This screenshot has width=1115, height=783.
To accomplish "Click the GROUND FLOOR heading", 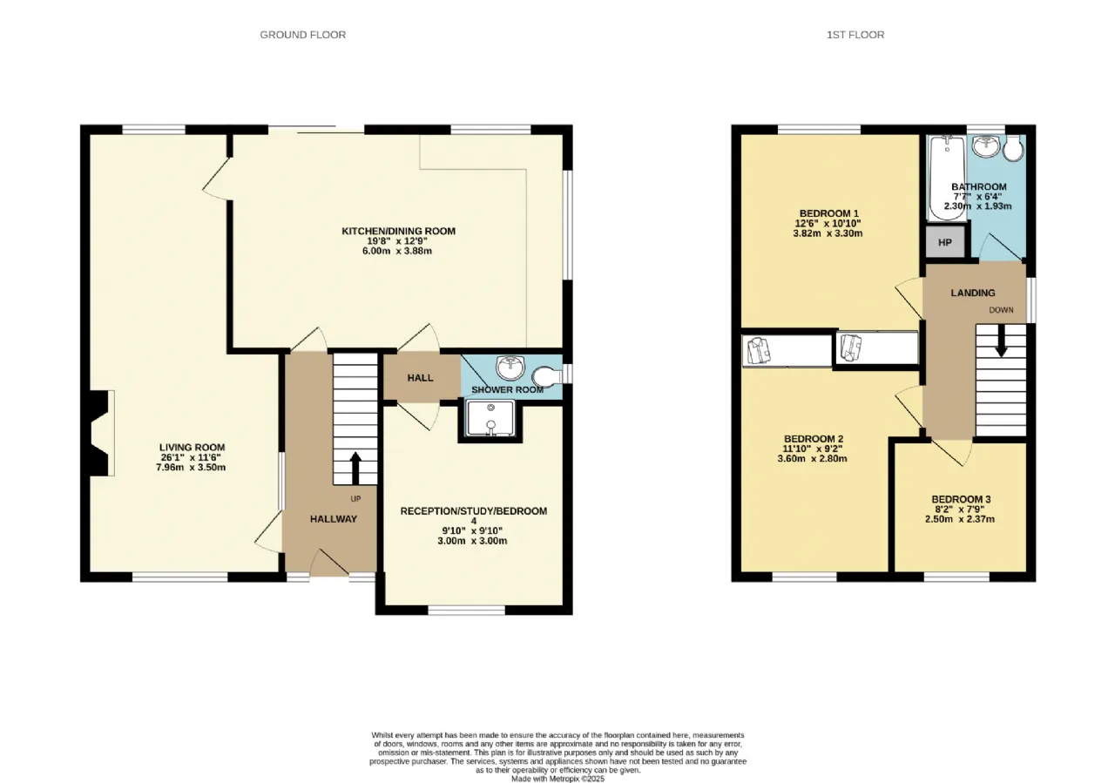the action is pos(302,35).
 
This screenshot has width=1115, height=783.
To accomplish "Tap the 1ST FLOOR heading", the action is pos(855,35).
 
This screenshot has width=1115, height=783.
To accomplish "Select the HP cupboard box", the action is pos(945,242).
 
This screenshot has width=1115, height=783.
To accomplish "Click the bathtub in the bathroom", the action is pos(947,178).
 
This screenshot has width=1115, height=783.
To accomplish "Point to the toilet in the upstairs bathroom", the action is pos(1012,148).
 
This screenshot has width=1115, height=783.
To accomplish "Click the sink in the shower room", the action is pos(510,368).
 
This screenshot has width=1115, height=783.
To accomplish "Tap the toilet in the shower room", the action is pos(546,375).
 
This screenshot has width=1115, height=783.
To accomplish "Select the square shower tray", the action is pos(490,418).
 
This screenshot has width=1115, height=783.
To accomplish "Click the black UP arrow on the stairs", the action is pos(355,468).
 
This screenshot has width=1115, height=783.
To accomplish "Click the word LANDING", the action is pos(973,293).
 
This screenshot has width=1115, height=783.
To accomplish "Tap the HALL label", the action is pos(420,378).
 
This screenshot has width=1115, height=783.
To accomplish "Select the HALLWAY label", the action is pos(334,519).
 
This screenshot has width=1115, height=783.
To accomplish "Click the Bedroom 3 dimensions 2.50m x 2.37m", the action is pos(960,519).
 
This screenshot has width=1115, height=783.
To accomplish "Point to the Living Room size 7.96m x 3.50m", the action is pos(191,467).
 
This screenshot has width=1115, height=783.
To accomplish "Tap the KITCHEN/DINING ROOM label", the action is pos(398,231).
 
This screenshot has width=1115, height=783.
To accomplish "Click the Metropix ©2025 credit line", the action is pos(558,779).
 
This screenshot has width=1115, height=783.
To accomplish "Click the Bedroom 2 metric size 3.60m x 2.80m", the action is pos(813,458).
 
